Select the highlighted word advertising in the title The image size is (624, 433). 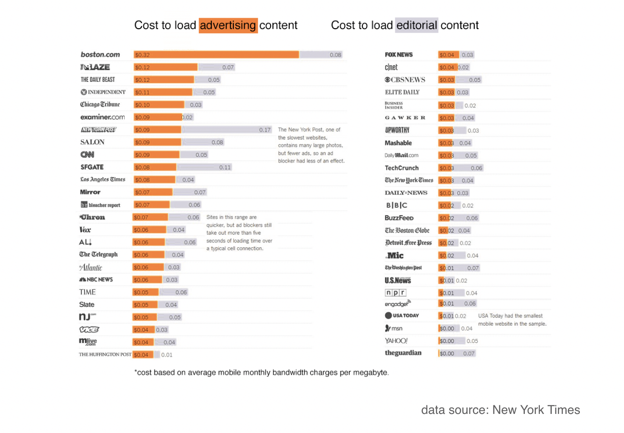(x=228, y=25)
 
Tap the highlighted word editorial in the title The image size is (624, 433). (x=417, y=25)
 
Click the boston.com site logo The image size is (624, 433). (x=100, y=55)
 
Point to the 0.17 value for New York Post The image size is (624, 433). (x=265, y=130)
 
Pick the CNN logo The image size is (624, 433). (x=87, y=155)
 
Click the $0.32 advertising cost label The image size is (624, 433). (x=142, y=55)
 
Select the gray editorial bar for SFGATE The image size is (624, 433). (x=205, y=167)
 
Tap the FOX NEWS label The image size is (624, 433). (x=399, y=55)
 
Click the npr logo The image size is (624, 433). (x=395, y=292)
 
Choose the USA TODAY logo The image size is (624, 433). (x=402, y=315)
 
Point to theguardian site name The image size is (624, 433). (x=403, y=353)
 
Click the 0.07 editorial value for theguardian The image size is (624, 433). (x=468, y=353)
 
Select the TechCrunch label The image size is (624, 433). (x=402, y=168)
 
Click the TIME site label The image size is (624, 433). (x=87, y=292)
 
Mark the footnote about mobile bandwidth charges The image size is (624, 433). (x=262, y=373)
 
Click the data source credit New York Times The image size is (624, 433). (x=500, y=410)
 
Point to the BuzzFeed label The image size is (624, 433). (x=399, y=218)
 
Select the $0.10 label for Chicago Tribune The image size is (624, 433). (x=142, y=105)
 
